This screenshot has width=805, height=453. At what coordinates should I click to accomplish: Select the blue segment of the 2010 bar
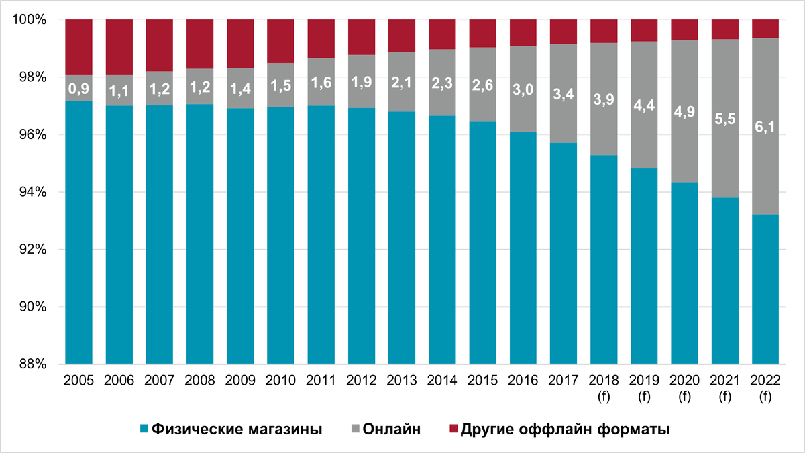pos(281,235)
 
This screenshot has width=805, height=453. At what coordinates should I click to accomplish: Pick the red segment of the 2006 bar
pos(119,47)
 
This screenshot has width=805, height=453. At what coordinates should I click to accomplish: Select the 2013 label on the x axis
pos(402,381)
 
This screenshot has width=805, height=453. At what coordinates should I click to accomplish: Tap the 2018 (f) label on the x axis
pos(604,387)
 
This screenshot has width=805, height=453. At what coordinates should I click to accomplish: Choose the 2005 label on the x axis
pos(79,381)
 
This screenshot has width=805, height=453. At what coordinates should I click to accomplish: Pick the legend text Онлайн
pos(392,429)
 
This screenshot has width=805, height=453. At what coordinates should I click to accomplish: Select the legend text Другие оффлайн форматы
pos(566,429)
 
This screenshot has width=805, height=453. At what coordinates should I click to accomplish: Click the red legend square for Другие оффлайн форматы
pos(453,429)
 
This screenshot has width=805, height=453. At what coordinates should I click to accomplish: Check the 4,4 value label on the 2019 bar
pos(644,105)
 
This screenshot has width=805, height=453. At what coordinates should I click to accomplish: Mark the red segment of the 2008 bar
pos(200,44)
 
